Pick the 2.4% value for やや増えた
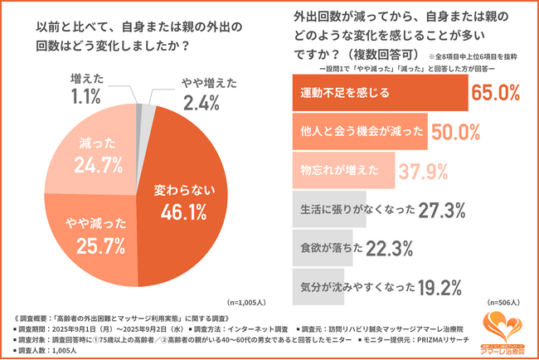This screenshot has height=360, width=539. click(199, 103)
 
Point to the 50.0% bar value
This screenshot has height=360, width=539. click(455, 131)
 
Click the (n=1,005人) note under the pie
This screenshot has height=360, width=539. click(247, 303)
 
